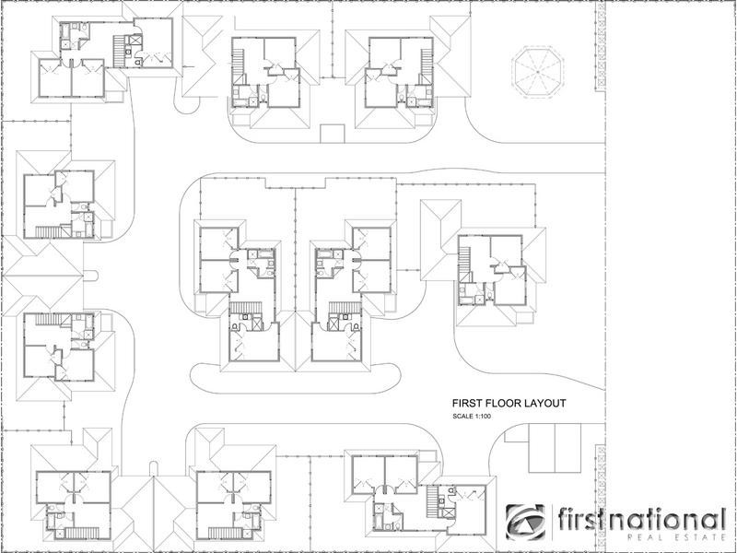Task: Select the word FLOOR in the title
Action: tap(506, 403)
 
